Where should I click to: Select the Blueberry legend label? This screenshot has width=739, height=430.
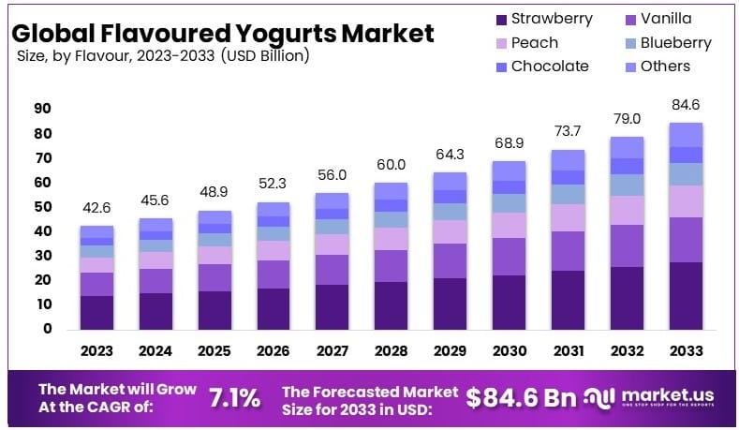[x=676, y=43]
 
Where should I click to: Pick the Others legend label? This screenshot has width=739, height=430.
[x=665, y=67]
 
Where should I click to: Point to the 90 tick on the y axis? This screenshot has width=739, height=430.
[x=42, y=109]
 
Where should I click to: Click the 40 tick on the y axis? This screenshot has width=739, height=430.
[x=42, y=231]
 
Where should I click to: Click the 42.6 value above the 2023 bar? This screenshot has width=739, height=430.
[x=96, y=207]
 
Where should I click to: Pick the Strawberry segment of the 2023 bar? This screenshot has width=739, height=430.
[x=96, y=312]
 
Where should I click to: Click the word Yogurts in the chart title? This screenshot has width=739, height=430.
[x=273, y=34]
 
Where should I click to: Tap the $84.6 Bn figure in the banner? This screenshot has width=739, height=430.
[x=521, y=397]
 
